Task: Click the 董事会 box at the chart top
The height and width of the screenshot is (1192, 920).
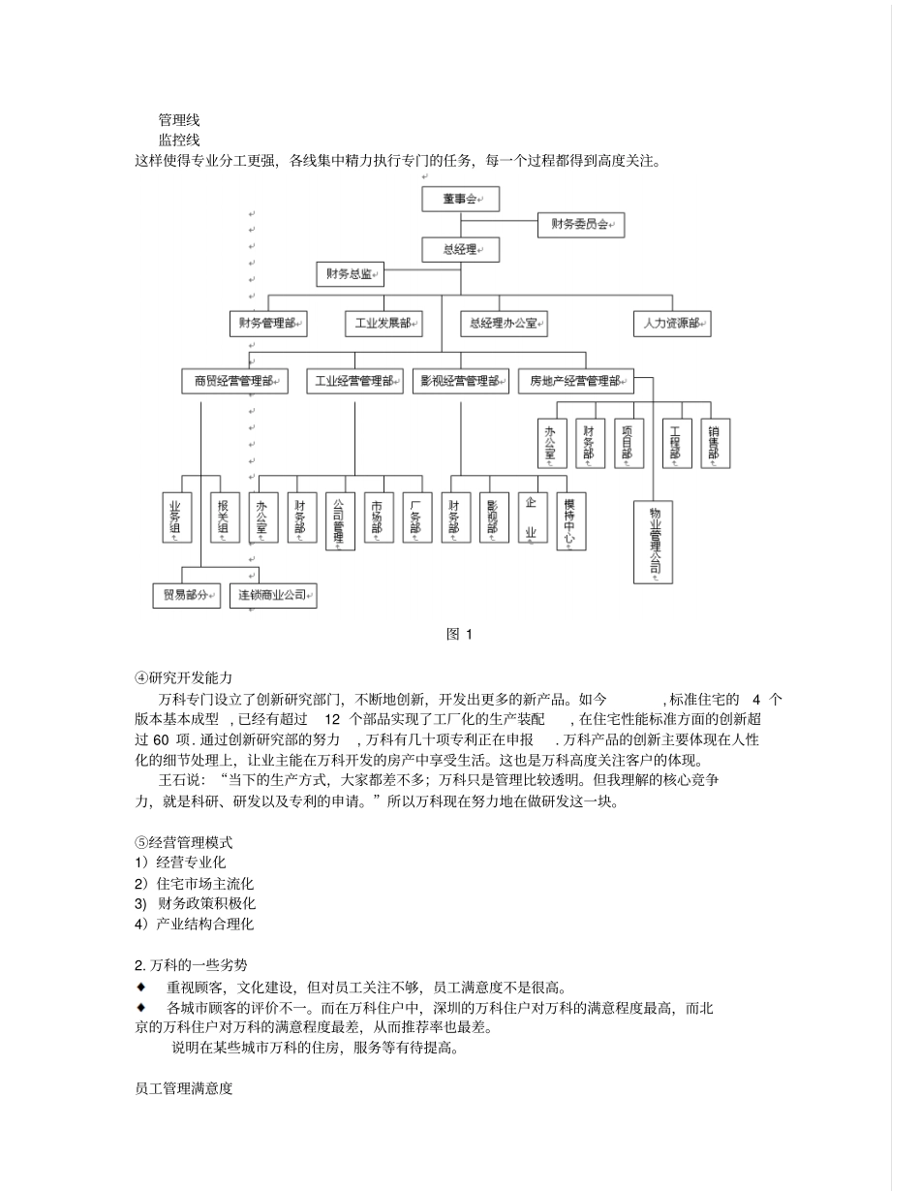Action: [460, 199]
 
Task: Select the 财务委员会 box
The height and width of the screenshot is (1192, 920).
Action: [580, 225]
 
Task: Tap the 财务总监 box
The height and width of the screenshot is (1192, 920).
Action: [350, 274]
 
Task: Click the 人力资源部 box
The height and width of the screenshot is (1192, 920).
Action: [672, 324]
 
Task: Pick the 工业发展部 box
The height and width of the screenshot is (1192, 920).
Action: [383, 324]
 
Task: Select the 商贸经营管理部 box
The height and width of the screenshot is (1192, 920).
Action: [234, 382]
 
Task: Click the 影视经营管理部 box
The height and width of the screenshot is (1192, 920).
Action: [460, 382]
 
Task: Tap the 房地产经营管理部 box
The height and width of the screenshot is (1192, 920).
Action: [575, 382]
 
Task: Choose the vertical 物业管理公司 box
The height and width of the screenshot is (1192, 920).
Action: [653, 542]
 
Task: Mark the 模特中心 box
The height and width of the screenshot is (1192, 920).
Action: [570, 521]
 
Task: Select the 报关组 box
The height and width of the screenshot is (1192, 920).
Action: [224, 518]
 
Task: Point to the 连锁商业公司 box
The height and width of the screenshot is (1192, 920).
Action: [273, 595]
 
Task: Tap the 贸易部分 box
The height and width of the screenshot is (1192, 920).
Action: [186, 595]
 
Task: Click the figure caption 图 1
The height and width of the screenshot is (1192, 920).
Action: [459, 635]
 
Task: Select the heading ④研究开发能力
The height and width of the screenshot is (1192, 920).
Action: [184, 676]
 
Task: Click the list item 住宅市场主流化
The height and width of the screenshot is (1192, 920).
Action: [194, 883]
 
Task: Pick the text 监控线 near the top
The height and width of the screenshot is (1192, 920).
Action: [179, 140]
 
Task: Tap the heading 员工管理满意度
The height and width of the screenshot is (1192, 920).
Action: [184, 1088]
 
